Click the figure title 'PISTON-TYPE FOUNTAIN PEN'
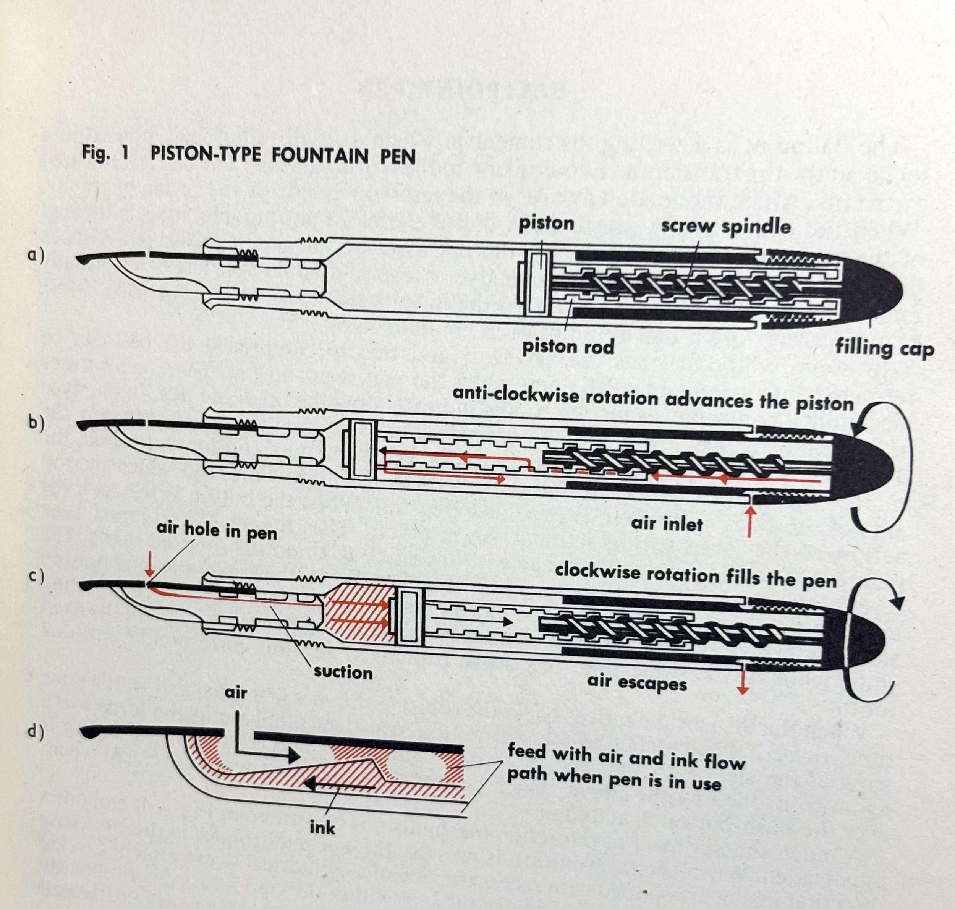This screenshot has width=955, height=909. click(283, 156)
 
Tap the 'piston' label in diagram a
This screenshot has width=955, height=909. click(546, 224)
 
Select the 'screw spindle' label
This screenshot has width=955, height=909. click(725, 227)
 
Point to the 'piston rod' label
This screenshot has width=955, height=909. click(568, 347)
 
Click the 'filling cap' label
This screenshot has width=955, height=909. click(884, 348)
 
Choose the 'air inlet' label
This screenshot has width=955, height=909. click(667, 524)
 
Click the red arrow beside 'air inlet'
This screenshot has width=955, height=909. click(750, 521)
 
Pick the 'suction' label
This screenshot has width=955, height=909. click(343, 672)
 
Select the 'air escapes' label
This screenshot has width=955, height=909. click(637, 682)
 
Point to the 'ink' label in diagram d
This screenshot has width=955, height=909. click(322, 828)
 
